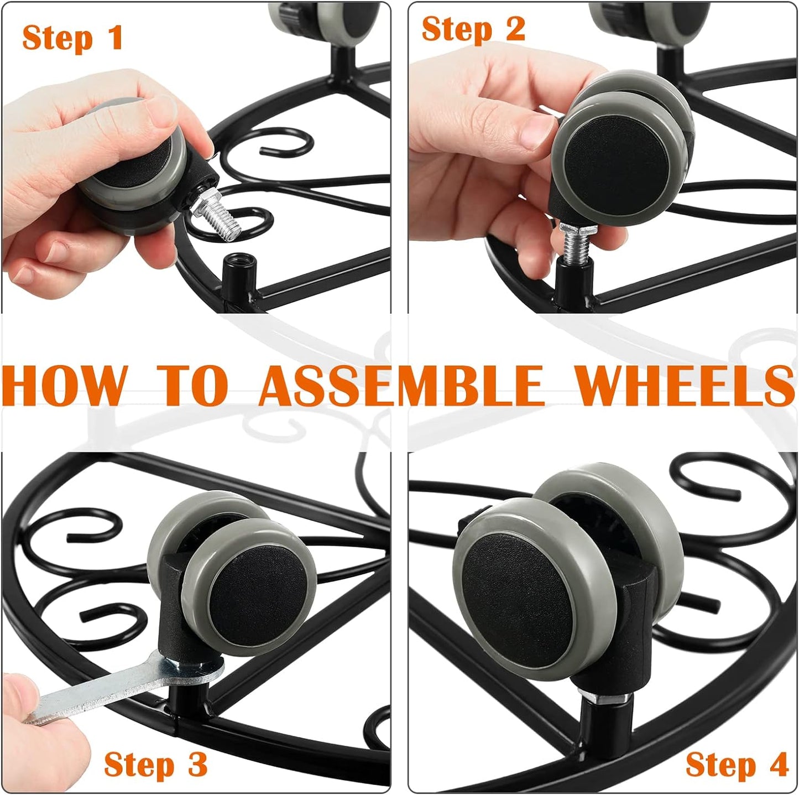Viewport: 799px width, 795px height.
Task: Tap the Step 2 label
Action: (473, 29)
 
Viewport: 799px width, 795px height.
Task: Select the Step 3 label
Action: (155, 765)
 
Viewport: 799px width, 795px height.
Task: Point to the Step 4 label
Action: (737, 765)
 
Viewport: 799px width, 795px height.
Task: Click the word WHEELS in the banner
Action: (685, 385)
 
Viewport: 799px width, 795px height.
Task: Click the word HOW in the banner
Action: (64, 385)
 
